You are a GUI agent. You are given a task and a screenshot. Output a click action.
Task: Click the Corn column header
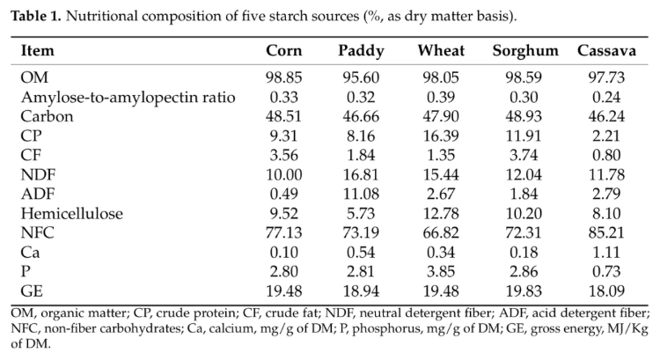[x=283, y=50]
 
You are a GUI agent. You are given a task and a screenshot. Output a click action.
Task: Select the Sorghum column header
[x=525, y=51]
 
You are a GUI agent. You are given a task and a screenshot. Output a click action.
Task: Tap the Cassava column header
[x=606, y=50]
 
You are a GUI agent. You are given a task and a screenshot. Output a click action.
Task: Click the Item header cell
[x=38, y=50]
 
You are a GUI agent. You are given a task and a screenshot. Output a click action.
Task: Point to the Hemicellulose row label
[x=71, y=214]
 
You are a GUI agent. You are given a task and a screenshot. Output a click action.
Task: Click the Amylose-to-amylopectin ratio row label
[x=128, y=98]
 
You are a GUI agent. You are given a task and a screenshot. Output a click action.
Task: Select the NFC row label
[x=38, y=233]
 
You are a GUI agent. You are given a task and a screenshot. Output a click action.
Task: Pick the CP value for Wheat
[x=441, y=136]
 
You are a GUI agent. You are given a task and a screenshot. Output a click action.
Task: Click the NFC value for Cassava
[x=606, y=233]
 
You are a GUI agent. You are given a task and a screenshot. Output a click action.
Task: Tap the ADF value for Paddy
[x=361, y=195]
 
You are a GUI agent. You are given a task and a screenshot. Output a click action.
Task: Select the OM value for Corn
[x=283, y=77]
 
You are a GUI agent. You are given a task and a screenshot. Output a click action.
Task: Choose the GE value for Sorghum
[x=524, y=291]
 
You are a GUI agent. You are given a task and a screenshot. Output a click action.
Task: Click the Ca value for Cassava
[x=606, y=253]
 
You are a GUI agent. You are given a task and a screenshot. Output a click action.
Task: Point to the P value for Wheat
[x=441, y=272]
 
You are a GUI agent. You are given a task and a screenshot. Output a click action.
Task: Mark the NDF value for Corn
[x=283, y=175]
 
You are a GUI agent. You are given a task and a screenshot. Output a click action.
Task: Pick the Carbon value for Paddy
[x=361, y=117]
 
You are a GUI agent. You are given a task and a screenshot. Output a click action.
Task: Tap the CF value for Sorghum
[x=524, y=156]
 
